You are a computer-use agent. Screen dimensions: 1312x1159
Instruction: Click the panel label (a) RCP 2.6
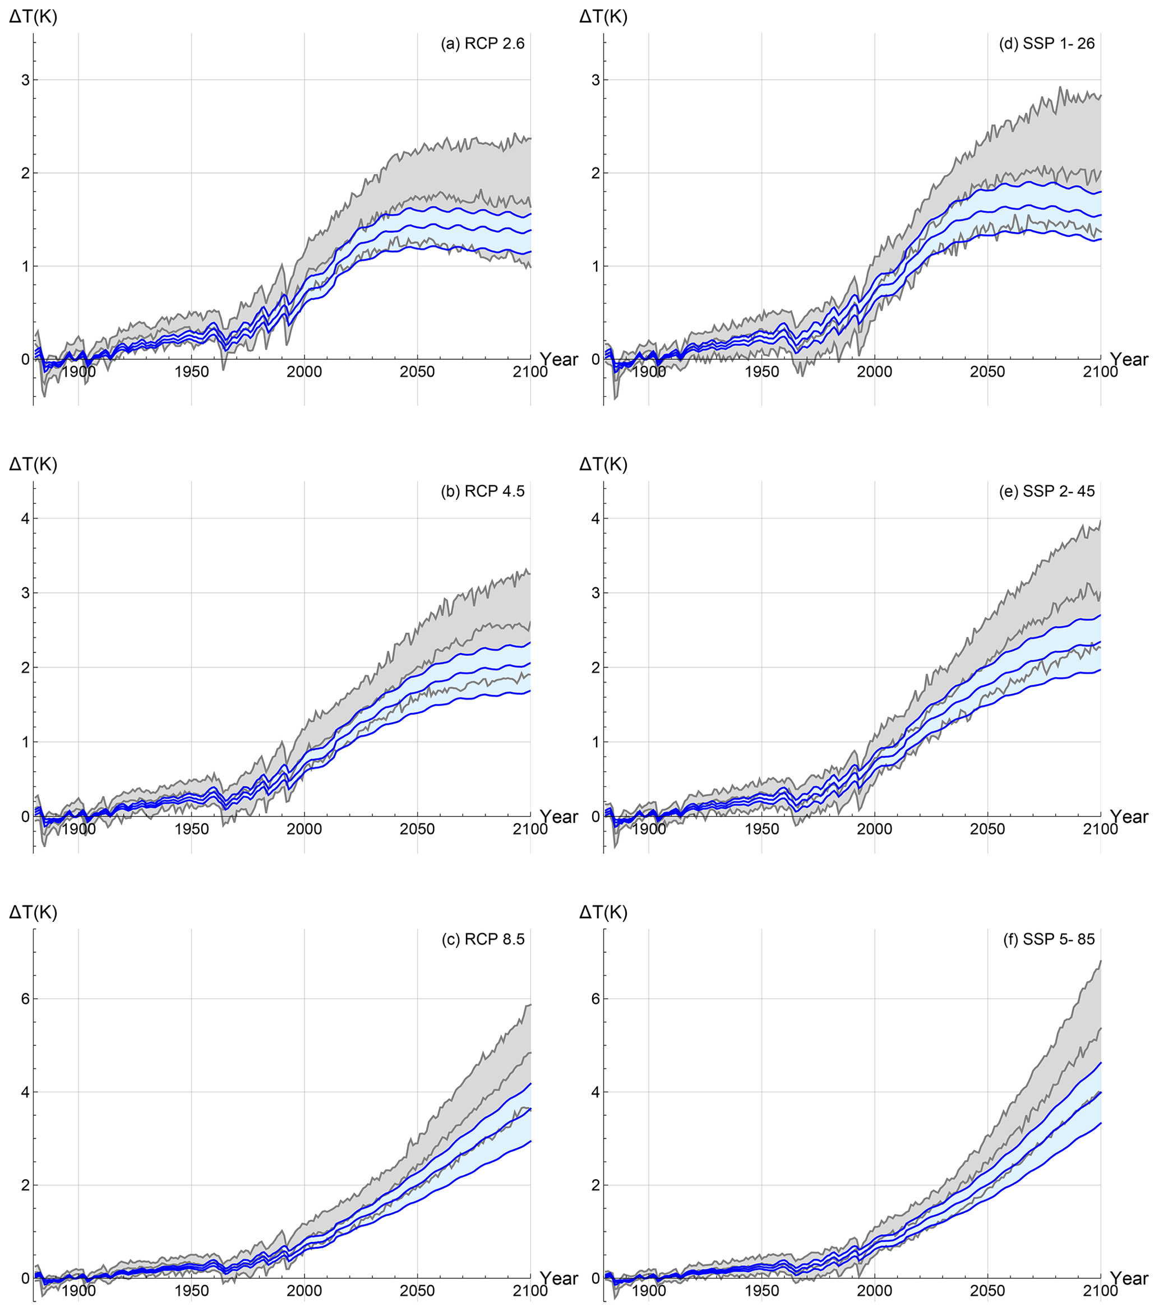[482, 44]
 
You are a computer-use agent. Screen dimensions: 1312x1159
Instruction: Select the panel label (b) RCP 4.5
[482, 491]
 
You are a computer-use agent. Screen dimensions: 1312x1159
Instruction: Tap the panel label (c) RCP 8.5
[482, 939]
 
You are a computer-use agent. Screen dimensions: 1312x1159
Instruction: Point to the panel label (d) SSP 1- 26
[1049, 44]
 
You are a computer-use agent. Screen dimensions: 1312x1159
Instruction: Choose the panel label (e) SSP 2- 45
[1049, 491]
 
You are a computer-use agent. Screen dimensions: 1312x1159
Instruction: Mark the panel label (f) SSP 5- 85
[1049, 939]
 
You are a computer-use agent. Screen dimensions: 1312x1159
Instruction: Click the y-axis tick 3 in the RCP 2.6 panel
[25, 80]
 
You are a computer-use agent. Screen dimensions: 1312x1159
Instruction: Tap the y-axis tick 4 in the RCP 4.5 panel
[25, 518]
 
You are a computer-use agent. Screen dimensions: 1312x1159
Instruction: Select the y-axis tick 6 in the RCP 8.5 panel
[25, 999]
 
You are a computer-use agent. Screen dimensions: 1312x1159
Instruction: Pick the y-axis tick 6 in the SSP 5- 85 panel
[595, 999]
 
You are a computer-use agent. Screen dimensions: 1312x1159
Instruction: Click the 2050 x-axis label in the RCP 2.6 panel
[417, 372]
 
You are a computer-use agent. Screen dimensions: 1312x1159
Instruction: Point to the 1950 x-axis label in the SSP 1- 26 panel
[761, 372]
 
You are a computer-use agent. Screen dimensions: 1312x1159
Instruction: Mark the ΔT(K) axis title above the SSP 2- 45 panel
[603, 464]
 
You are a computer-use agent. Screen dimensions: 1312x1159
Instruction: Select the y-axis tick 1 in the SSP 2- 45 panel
[595, 742]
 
